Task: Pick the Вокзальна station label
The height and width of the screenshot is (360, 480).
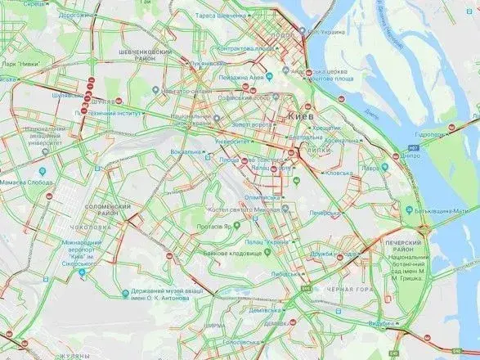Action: tap(185, 151)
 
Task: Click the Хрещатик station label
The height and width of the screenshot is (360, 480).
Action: tap(326, 128)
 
